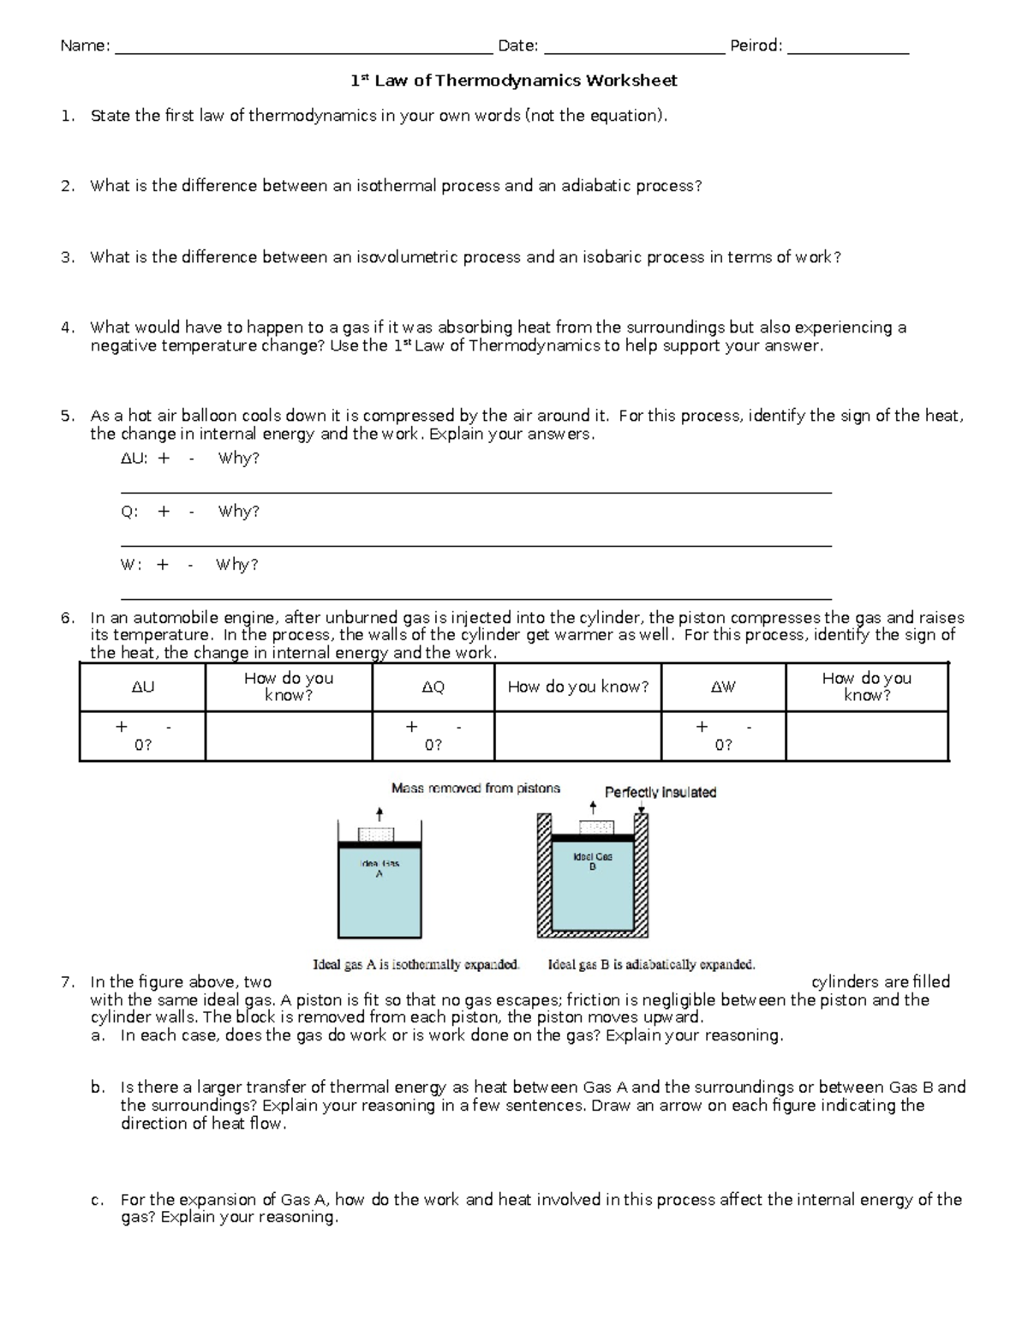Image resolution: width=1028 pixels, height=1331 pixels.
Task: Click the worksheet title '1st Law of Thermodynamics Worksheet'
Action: pos(514,81)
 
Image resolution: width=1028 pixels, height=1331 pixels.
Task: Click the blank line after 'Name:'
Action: pos(304,48)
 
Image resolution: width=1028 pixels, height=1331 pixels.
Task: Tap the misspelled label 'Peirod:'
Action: pos(756,46)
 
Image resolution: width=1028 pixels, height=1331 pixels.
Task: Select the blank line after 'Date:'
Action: pos(634,48)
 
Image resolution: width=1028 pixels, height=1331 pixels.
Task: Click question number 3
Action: pos(68,257)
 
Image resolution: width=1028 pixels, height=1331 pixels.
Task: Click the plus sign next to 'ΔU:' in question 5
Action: pos(164,459)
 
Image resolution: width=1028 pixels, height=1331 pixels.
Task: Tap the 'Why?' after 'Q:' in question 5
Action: pos(238,512)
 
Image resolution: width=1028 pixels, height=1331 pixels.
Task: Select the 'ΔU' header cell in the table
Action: pos(142,687)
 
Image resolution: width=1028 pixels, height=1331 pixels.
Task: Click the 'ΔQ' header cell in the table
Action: pos(433,687)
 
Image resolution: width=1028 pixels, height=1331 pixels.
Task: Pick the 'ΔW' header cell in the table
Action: pos(723,687)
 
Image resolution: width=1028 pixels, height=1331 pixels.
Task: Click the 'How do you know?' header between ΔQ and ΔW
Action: pos(577,687)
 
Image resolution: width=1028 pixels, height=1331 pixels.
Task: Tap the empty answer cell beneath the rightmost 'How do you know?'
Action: pos(866,735)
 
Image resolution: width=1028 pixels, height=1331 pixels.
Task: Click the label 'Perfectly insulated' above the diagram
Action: pos(660,793)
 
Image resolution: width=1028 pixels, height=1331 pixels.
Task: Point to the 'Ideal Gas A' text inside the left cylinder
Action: pos(380,868)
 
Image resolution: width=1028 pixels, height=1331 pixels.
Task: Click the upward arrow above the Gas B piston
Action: pos(593,807)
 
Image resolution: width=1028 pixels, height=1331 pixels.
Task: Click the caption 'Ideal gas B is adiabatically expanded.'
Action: pos(651,965)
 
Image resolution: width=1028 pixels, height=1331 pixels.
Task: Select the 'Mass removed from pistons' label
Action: pos(475,788)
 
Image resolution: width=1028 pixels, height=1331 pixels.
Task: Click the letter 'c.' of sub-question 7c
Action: pos(98,1201)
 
